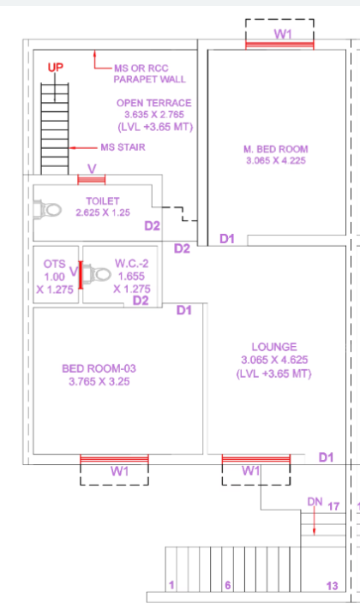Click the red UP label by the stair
55,68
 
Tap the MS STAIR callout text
123,147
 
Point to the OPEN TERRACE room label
154,103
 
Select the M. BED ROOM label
276,149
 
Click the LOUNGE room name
274,347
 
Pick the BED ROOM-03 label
99,368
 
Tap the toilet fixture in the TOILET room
47,210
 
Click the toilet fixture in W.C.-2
97,274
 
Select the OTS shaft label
54,264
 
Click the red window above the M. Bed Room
279,45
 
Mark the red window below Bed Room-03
114,459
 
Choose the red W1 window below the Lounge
256,459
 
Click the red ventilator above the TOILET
92,180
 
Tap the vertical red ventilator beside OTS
81,275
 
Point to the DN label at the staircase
315,502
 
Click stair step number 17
333,506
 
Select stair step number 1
171,585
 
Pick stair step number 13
332,586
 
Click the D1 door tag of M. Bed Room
227,238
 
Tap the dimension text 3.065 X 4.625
274,360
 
